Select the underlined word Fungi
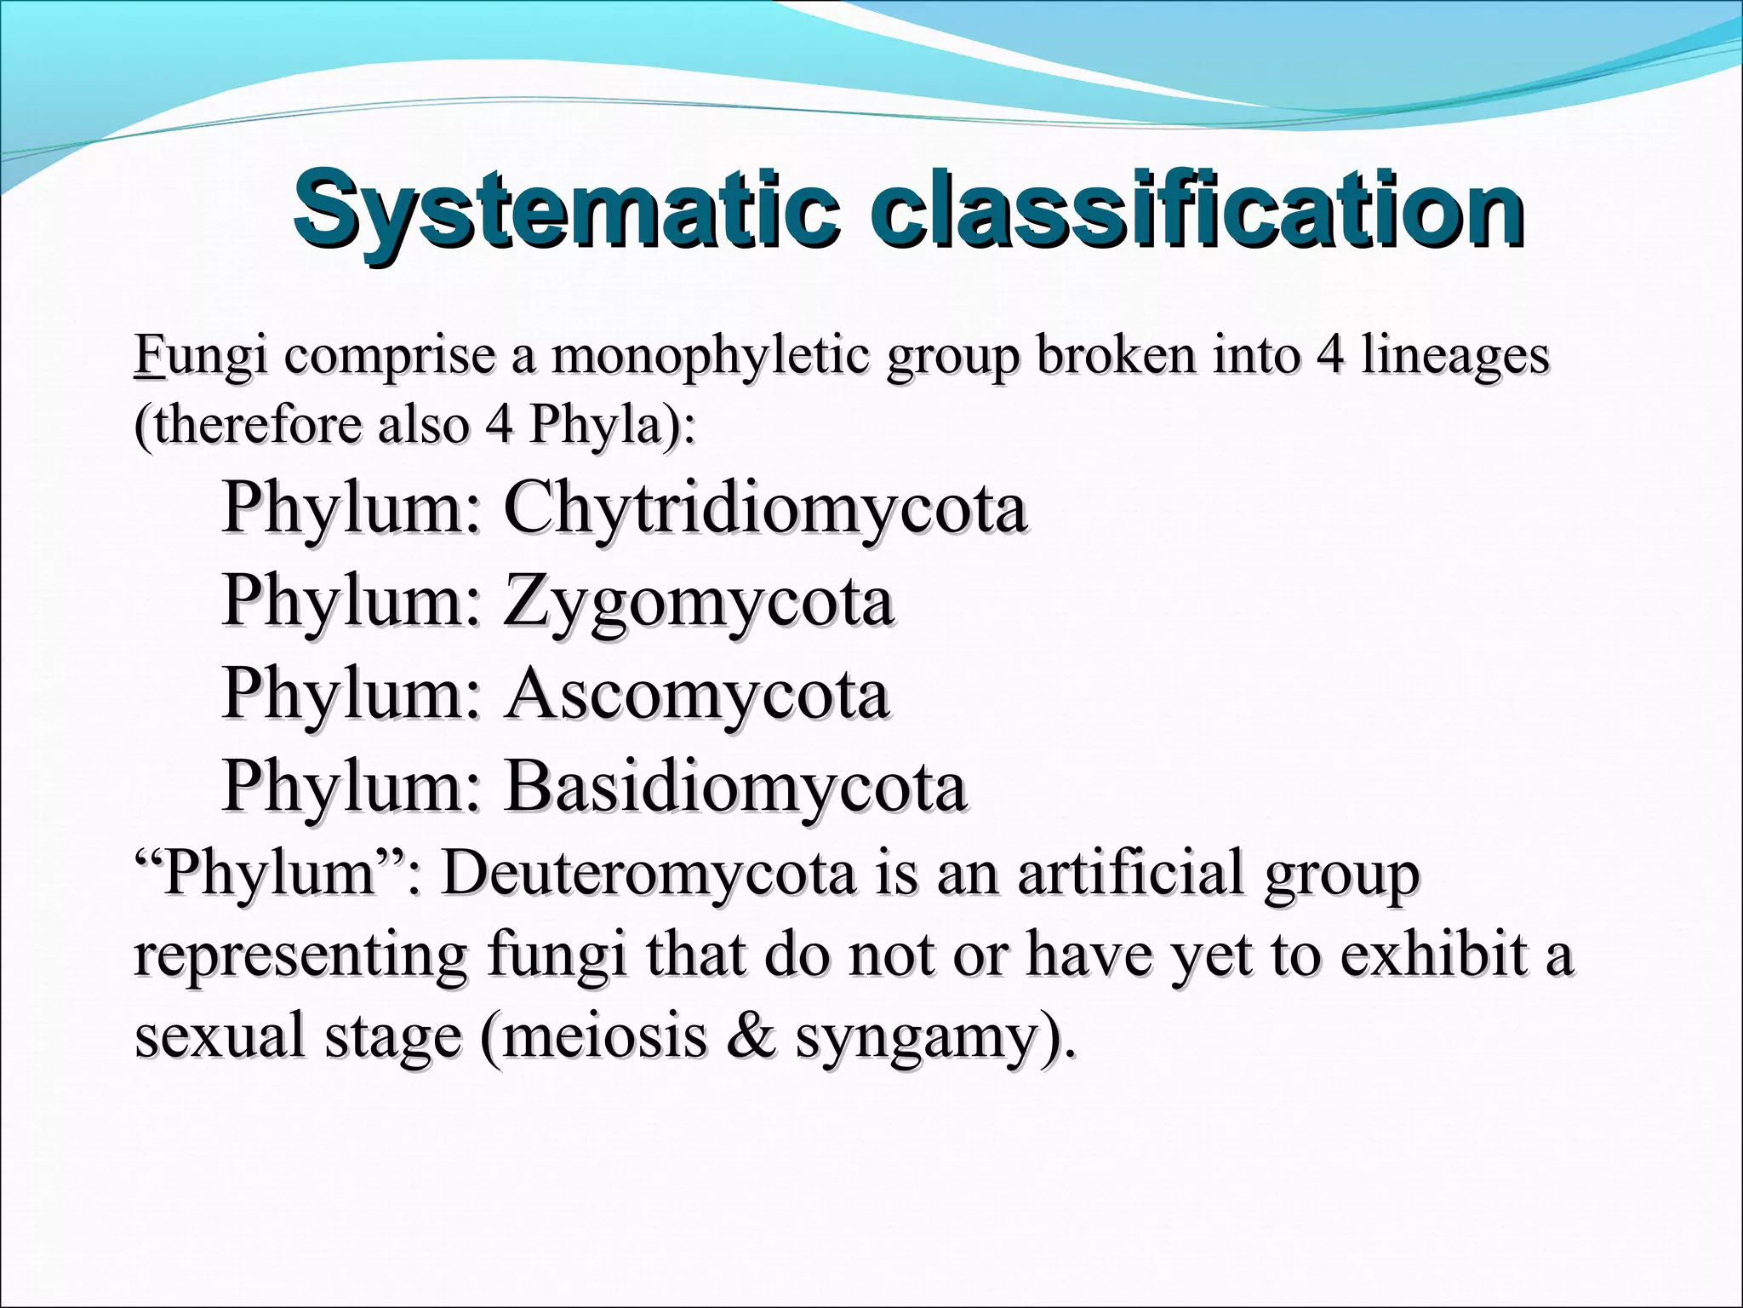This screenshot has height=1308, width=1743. tap(200, 356)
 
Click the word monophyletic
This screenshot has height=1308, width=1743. tap(710, 356)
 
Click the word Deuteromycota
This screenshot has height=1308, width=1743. tap(648, 874)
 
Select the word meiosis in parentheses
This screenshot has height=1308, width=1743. tap(605, 1036)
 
